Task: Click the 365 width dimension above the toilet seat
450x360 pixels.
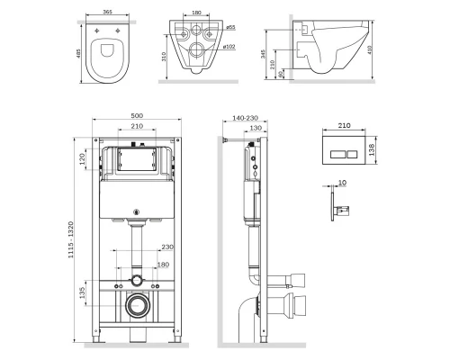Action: click(x=107, y=13)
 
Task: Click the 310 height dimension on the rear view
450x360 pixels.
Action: click(x=162, y=56)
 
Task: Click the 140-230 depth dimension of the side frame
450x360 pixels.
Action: click(x=241, y=116)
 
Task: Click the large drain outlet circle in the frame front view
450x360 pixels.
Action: click(x=137, y=304)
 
